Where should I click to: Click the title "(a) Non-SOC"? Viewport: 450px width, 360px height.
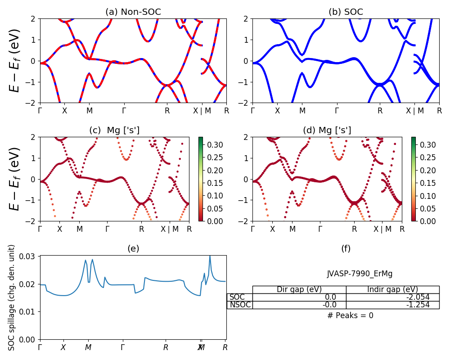(x=133, y=12)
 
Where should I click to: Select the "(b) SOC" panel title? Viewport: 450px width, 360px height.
(x=346, y=12)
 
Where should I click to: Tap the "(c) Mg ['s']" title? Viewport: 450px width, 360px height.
(x=114, y=130)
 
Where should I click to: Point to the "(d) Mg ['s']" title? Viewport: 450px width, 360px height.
(x=327, y=130)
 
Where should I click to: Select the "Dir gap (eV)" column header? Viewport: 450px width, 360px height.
(x=299, y=289)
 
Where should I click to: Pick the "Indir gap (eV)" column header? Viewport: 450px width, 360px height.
(x=392, y=289)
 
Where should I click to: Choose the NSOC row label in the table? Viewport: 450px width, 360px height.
(x=239, y=305)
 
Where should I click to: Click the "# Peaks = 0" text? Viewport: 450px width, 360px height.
(x=350, y=315)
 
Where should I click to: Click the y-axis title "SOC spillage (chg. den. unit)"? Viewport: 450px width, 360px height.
(x=12, y=297)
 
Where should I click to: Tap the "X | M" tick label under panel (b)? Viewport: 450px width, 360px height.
(x=414, y=110)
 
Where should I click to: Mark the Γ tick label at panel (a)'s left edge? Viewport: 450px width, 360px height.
(x=40, y=110)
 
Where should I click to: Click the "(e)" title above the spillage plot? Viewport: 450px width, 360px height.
(x=133, y=248)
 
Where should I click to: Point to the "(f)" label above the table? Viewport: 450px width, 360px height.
(x=346, y=248)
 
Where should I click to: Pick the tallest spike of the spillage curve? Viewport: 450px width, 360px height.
(x=209, y=257)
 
